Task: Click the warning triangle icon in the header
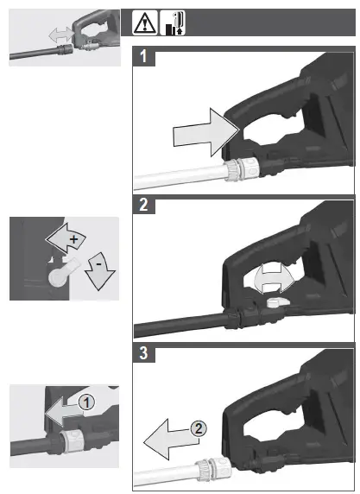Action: pos(144,22)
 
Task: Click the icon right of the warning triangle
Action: pos(173,22)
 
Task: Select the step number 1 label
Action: pos(143,56)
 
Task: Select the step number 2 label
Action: pos(143,205)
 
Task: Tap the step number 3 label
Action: pos(143,353)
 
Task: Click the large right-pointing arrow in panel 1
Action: pos(206,132)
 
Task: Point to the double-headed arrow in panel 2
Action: pos(275,278)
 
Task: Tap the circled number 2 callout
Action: pos(199,428)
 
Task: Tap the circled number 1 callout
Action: pos(86,402)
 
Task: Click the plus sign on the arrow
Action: pos(73,239)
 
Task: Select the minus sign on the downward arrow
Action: pos(98,263)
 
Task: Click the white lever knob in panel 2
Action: pos(277,302)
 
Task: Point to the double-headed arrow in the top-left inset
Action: pos(61,34)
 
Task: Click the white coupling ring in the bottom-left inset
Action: pos(72,441)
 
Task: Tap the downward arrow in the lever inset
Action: pos(100,271)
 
